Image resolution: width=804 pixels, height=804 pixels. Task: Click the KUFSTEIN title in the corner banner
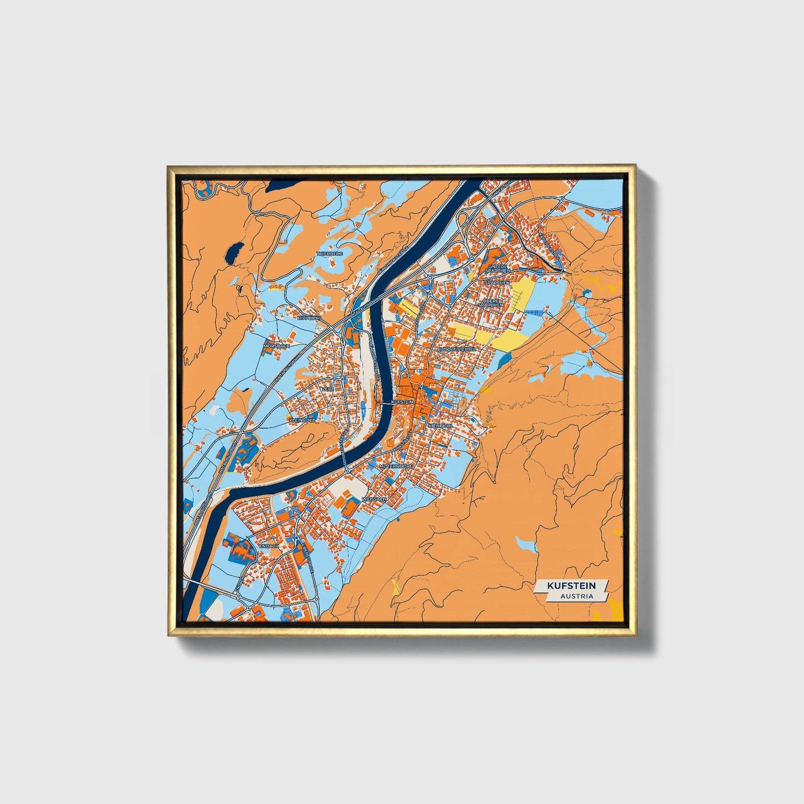[570, 585]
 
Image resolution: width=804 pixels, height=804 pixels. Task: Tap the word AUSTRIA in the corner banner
[576, 596]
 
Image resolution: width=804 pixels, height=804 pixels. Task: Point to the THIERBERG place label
[330, 253]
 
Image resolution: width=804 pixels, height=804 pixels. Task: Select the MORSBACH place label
[277, 346]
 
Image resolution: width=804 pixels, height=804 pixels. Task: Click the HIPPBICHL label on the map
[309, 318]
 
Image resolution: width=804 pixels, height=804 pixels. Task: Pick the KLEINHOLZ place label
[302, 420]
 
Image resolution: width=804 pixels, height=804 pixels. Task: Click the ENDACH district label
[269, 546]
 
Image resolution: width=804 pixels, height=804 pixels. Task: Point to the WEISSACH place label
[374, 499]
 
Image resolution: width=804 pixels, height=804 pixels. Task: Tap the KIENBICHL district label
[441, 425]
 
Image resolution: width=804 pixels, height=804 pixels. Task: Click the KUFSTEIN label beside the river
[402, 401]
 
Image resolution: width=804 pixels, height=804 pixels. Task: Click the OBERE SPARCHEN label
[491, 302]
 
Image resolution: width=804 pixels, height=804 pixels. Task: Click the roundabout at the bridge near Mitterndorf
[347, 470]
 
